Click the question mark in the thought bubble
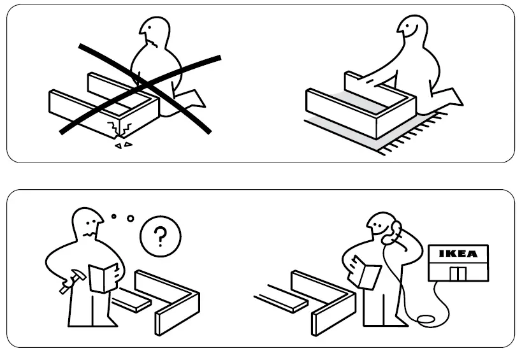[x=160, y=236]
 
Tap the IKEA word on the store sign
[x=458, y=254]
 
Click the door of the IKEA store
[x=458, y=273]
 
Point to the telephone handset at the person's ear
[x=396, y=229]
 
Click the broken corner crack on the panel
[x=120, y=129]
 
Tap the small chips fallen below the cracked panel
[x=122, y=145]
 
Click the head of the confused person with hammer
[x=87, y=225]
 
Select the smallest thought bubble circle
[x=113, y=217]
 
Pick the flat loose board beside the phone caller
[x=280, y=299]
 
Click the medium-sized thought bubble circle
[x=131, y=219]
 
